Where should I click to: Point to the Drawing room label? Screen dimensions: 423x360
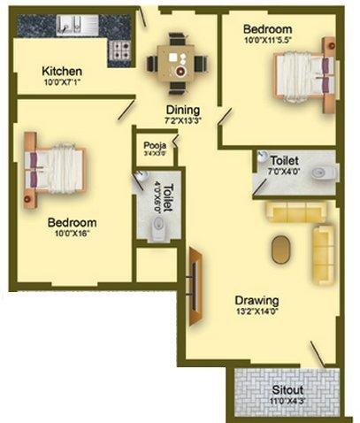[257, 299]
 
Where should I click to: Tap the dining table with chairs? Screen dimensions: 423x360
[177, 63]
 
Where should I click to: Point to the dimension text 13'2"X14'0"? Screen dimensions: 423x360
[257, 311]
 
